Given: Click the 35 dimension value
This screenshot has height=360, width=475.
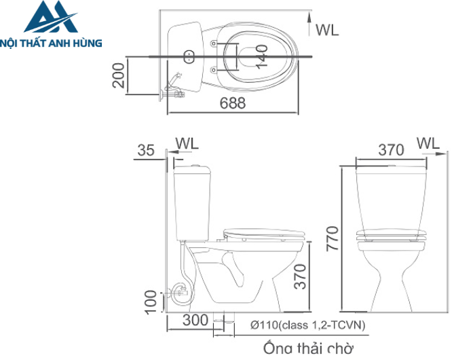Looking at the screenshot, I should tap(146, 151).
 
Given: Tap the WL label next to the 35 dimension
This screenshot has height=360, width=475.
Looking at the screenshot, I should tap(187, 143).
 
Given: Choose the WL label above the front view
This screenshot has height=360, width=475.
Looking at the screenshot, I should tap(428, 143).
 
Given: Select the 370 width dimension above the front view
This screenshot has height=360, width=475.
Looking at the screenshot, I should tap(390, 150).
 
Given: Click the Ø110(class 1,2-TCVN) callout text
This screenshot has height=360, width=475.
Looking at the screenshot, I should tap(307, 326).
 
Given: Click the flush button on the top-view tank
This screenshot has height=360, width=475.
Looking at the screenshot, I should tap(189, 55).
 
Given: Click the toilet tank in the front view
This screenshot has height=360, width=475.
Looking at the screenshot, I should tap(391, 197).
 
